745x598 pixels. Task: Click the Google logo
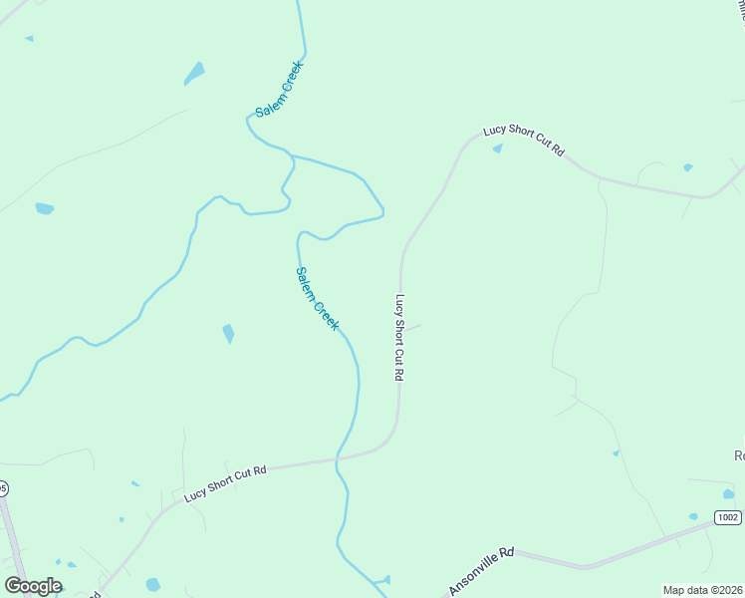tap(33, 586)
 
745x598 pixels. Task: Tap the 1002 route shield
tap(728, 516)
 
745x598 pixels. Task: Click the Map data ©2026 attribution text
tap(702, 590)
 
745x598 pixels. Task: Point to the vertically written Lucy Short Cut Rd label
tap(399, 338)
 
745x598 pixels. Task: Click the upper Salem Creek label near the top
tap(278, 89)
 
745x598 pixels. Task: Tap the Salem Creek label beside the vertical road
tap(318, 298)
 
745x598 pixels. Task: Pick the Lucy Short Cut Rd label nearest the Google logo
tap(225, 483)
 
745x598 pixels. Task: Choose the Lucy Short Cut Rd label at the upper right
tap(524, 140)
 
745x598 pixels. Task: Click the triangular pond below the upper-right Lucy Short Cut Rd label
tap(497, 149)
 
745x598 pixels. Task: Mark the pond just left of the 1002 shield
tap(693, 516)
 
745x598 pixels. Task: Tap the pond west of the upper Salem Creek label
tap(194, 73)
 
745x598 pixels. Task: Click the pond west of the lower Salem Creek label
tap(228, 334)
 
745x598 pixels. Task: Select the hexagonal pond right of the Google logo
tap(152, 584)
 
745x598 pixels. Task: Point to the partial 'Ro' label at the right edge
tap(738, 455)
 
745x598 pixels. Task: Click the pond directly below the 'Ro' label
tap(728, 492)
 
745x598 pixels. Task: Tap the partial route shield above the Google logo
tap(3, 487)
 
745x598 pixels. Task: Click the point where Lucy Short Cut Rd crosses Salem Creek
tap(339, 459)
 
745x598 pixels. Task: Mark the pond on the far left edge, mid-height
tap(44, 209)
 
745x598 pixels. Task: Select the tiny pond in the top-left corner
tap(29, 39)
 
